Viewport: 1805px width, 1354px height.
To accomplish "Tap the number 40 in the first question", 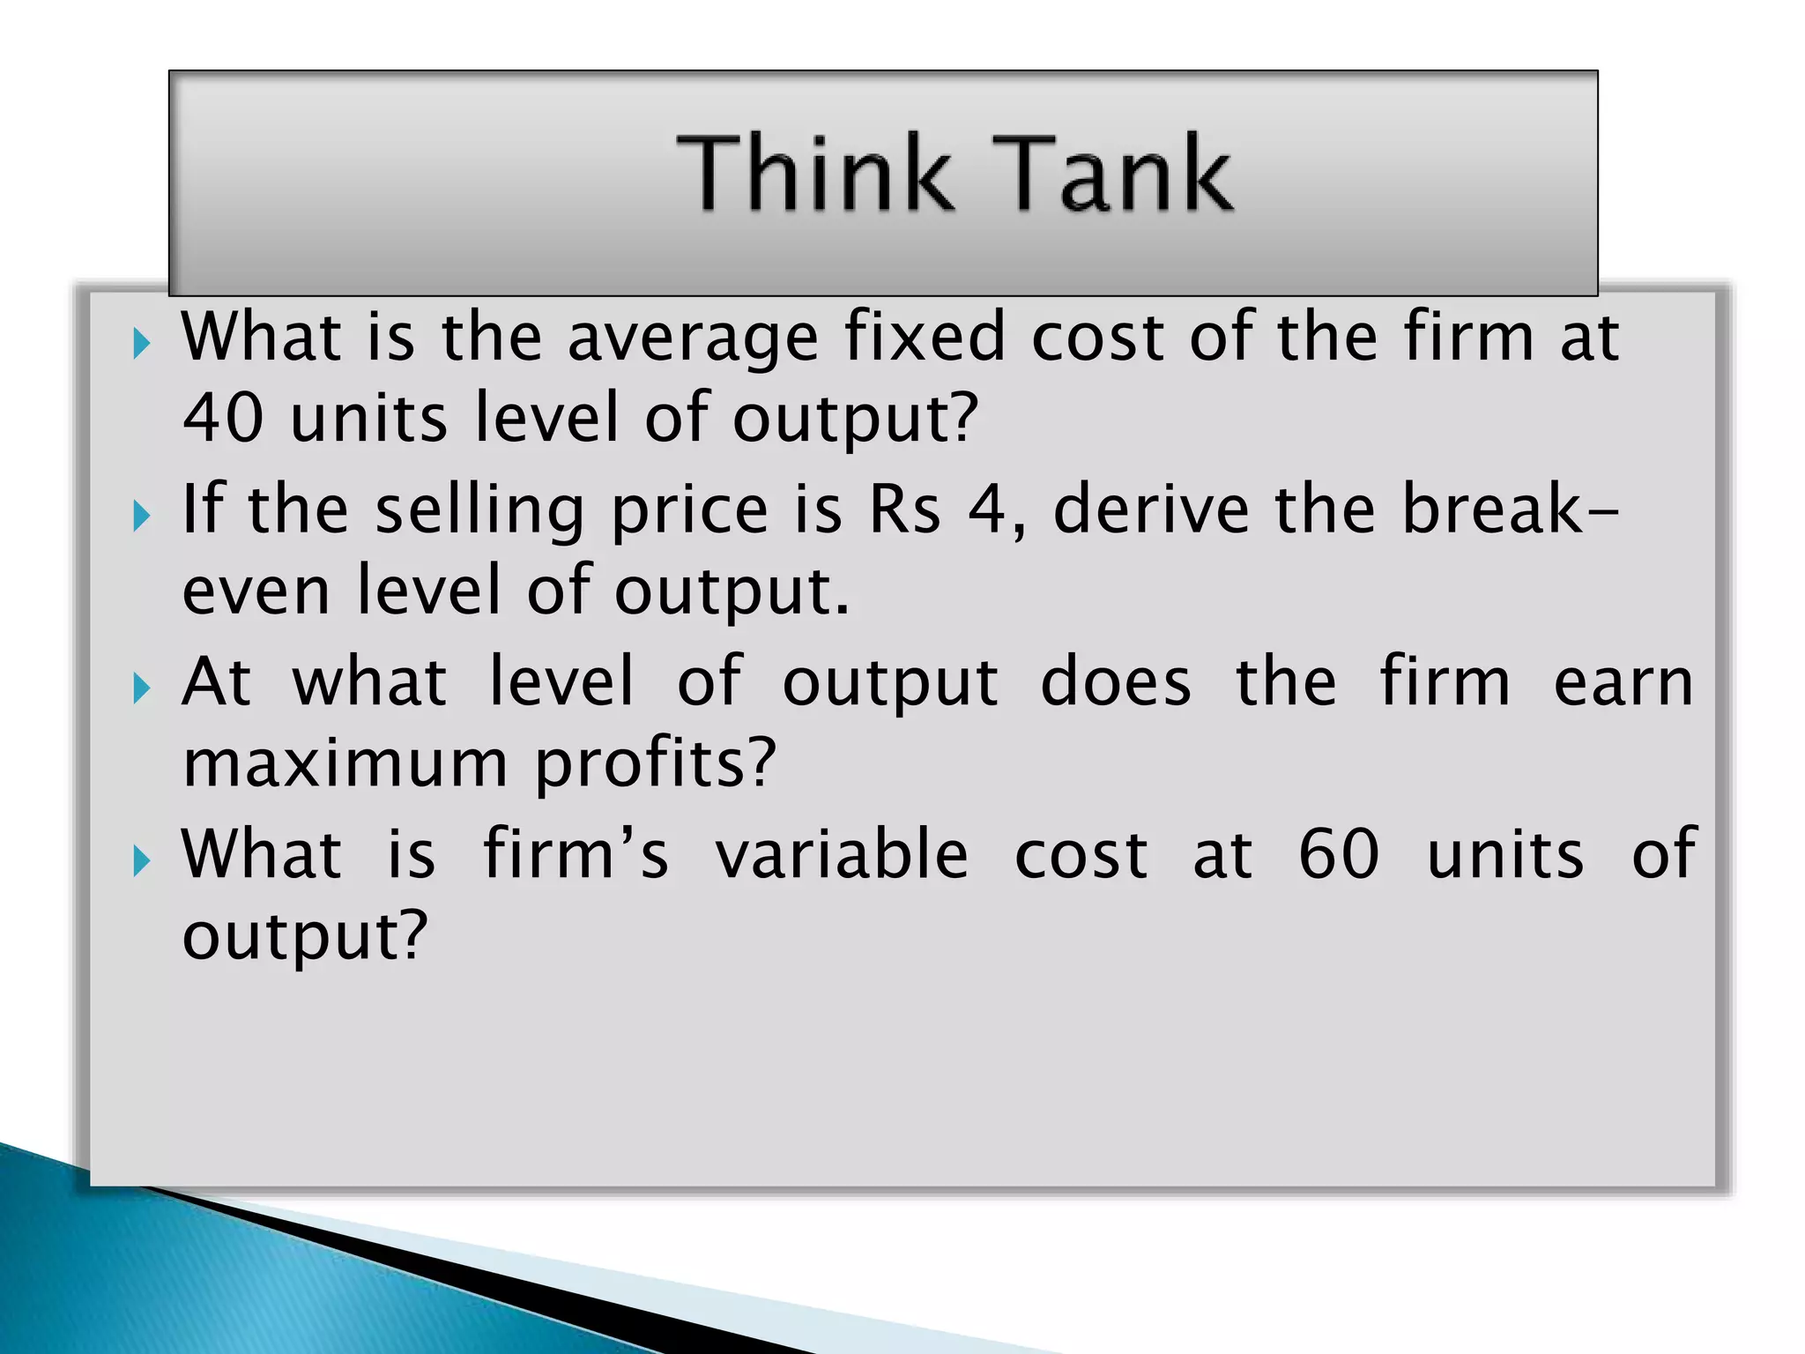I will point(223,417).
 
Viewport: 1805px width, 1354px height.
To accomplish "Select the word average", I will point(693,338).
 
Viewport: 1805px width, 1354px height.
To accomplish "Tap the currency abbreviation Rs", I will point(904,510).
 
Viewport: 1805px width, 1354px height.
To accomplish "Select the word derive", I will point(1151,510).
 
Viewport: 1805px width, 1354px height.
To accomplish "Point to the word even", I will point(256,591).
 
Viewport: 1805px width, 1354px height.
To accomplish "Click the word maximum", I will point(345,763).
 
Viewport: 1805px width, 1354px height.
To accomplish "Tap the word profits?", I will point(656,764).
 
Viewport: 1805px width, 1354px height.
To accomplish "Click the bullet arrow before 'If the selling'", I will point(142,515).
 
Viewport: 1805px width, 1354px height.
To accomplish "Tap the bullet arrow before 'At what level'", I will point(142,688).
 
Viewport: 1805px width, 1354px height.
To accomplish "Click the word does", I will point(1116,681).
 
